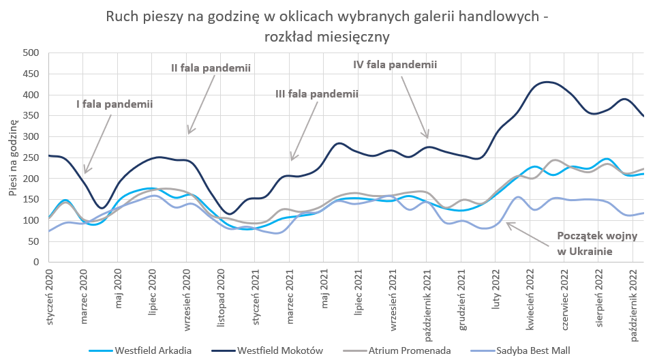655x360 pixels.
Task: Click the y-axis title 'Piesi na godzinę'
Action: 14,157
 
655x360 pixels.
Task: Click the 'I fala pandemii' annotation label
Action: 114,104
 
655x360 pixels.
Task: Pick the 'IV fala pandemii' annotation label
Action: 395,64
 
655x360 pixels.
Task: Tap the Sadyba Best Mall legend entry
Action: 527,350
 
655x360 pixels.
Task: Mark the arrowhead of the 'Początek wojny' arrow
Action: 506,222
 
